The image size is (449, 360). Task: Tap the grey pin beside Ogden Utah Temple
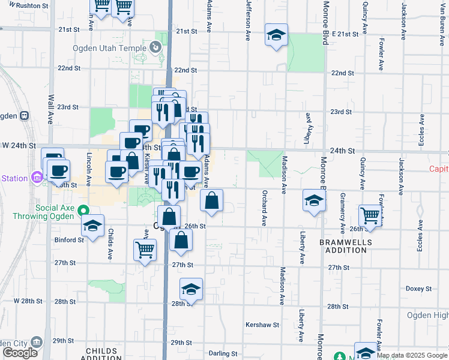click(155, 46)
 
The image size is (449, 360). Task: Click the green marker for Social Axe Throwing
click(84, 211)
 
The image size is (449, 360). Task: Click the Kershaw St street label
click(262, 325)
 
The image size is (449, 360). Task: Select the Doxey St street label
click(415, 288)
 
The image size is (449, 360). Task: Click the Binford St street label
click(69, 240)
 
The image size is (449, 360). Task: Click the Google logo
click(20, 353)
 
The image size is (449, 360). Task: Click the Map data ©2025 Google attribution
click(412, 355)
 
